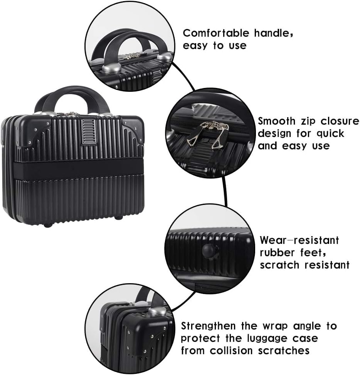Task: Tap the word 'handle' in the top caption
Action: click(271, 33)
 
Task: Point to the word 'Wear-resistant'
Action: click(299, 240)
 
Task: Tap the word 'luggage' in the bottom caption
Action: click(262, 339)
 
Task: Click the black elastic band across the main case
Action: click(73, 169)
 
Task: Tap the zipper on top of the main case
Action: click(70, 114)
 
